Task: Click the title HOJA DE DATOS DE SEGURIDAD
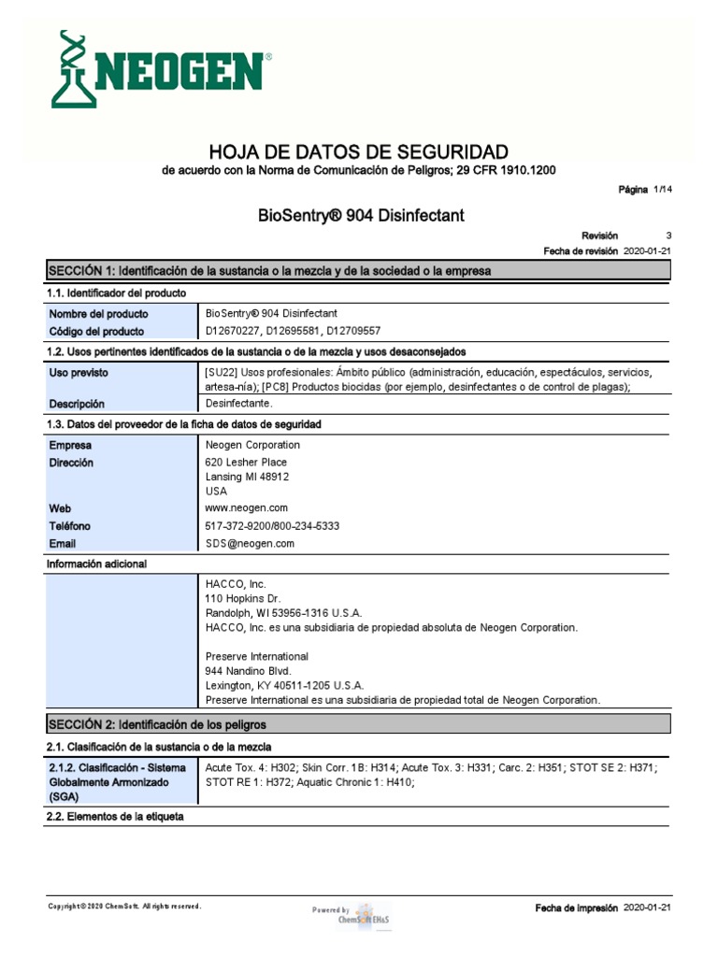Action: (359, 151)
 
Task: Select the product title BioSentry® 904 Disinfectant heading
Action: (360, 216)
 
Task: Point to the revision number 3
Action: (668, 236)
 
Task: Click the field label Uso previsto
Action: (79, 372)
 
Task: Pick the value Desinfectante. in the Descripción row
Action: (239, 404)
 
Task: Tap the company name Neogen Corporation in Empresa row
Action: (252, 445)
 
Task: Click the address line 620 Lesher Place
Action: (246, 462)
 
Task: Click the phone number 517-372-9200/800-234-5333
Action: (272, 526)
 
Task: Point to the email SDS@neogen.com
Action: (250, 543)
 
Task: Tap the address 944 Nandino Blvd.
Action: (248, 671)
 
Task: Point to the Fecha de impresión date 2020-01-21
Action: (647, 907)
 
